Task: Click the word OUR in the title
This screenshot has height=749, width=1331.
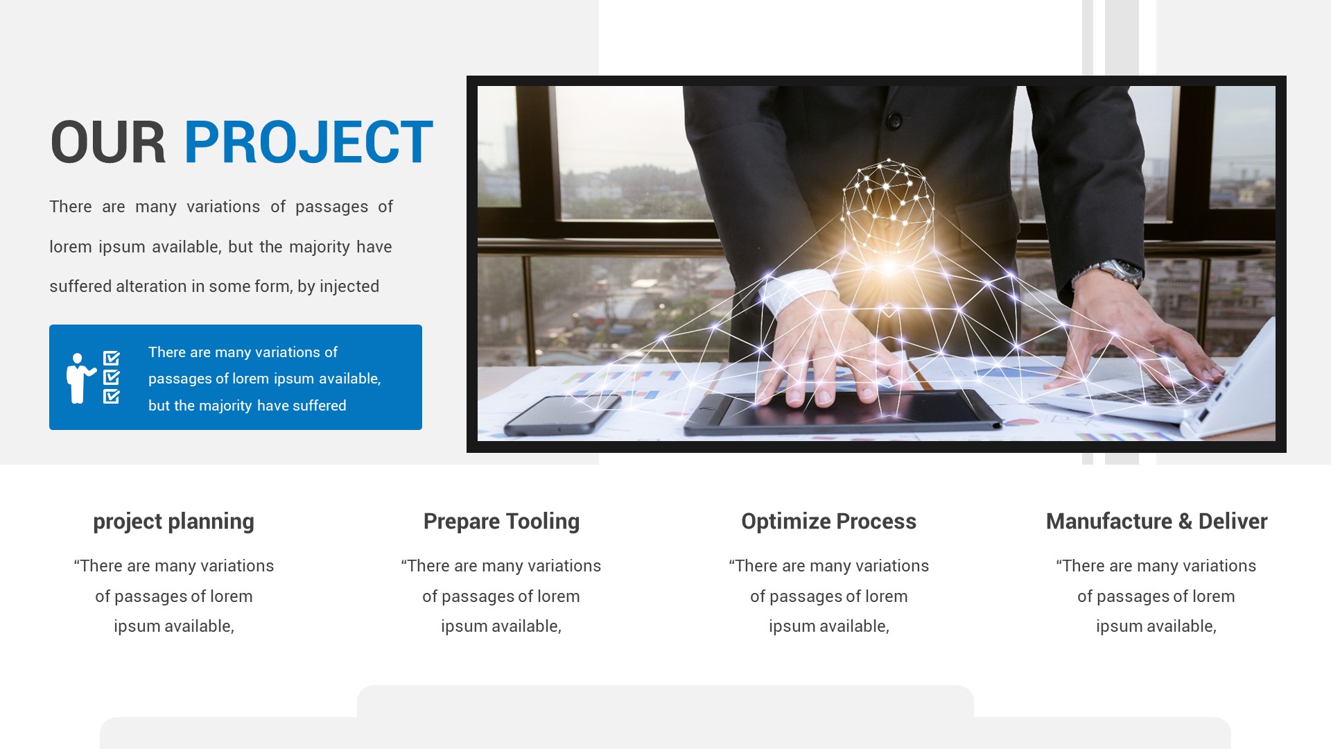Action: tap(107, 142)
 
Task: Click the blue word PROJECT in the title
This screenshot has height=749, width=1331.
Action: tap(308, 142)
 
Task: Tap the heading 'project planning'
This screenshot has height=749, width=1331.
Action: tap(173, 522)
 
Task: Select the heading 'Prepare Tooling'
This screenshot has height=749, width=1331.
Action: tap(501, 522)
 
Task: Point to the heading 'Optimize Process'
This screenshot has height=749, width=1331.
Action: tap(828, 522)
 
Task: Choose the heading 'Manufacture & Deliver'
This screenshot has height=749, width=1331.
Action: tap(1156, 522)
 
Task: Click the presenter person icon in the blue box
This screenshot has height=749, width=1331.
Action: tap(78, 378)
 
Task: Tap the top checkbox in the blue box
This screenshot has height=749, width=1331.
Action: tap(112, 359)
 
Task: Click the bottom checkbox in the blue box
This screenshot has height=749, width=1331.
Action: tap(112, 396)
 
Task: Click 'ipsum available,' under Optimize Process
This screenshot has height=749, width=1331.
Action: tap(828, 626)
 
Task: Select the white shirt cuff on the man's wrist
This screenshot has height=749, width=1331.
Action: tap(797, 290)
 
